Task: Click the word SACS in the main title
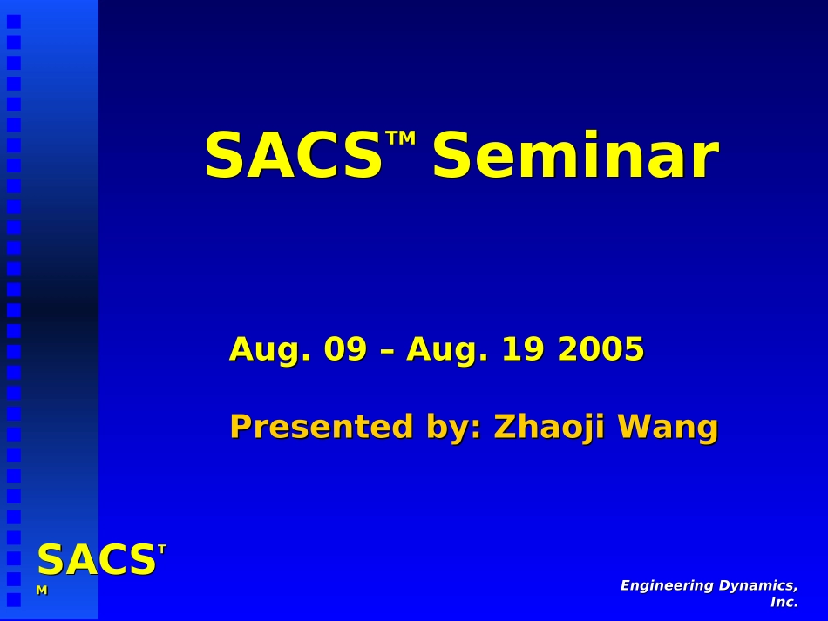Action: [x=293, y=156]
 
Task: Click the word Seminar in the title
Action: [x=575, y=156]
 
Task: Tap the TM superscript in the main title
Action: [x=401, y=138]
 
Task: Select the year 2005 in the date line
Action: [x=601, y=349]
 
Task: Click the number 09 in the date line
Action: [x=346, y=349]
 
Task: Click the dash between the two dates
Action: [x=387, y=350]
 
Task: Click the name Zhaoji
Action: [x=550, y=427]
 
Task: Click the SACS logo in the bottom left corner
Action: [x=96, y=560]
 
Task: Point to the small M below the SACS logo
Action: [x=42, y=591]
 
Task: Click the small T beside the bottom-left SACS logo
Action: [x=161, y=549]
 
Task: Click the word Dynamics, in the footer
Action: [x=757, y=585]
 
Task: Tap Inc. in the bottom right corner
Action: [x=784, y=602]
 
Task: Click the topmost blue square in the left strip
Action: [x=14, y=21]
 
